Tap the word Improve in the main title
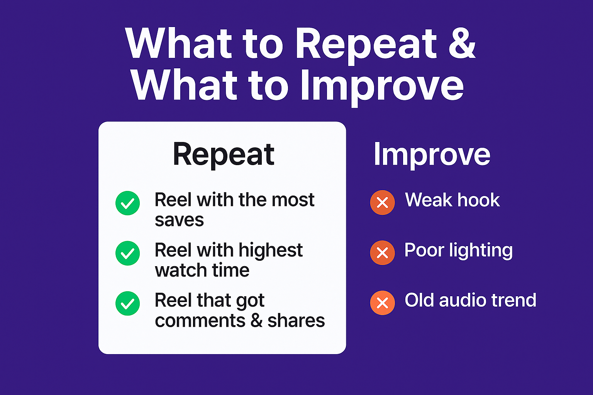click(x=382, y=87)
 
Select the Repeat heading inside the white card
click(x=224, y=155)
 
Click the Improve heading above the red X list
click(x=432, y=155)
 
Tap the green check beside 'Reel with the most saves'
click(x=128, y=203)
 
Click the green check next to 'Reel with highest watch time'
click(x=128, y=253)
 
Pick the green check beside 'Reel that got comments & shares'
click(x=128, y=304)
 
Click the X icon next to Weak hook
click(x=382, y=203)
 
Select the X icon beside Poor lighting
click(x=382, y=253)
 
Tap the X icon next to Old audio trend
click(x=382, y=303)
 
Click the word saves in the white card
click(x=179, y=221)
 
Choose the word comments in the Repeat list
click(x=200, y=321)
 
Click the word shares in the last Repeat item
click(x=296, y=321)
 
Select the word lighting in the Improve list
click(x=481, y=251)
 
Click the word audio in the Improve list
click(x=463, y=300)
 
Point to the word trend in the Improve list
click(x=514, y=300)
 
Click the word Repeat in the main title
click(x=366, y=46)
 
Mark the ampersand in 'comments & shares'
click(x=256, y=321)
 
